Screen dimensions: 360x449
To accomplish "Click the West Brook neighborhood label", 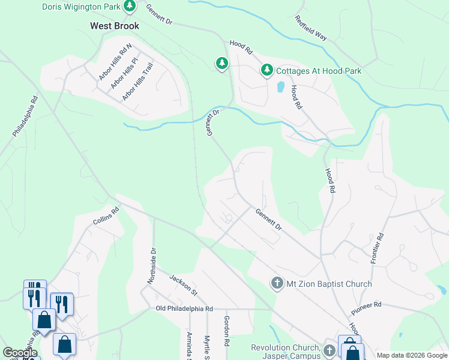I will pos(115,26).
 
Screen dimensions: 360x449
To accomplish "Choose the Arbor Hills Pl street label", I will pos(125,74).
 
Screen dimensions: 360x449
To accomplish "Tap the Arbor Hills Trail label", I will pos(138,85).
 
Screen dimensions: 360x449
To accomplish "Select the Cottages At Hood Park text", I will pos(319,71).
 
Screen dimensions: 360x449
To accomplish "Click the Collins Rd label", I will pos(106,216).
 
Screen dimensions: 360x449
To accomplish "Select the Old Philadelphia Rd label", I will pos(184,308).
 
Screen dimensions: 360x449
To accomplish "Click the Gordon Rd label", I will pos(227,331).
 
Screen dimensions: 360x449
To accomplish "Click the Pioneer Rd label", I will pos(366,305).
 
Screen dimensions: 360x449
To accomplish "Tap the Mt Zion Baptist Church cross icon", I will pos(277,283).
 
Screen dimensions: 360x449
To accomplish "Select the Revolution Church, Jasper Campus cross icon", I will pos(329,350).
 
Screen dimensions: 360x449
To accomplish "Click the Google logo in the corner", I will pos(20,352).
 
